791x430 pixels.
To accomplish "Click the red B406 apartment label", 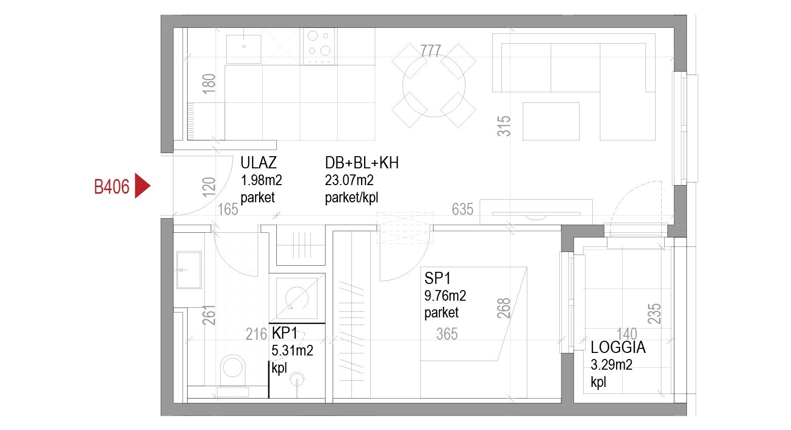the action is tap(112, 187).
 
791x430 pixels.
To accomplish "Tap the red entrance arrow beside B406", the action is tap(142, 186).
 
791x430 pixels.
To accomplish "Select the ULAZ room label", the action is tap(259, 163).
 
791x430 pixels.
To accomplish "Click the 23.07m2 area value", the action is tap(349, 180).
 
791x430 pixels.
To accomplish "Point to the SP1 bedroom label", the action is tap(438, 278).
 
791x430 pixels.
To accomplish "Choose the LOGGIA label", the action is tap(618, 347).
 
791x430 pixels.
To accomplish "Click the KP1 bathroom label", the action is tap(284, 333).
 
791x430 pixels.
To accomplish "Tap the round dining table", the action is tap(434, 85).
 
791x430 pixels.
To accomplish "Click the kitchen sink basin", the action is tap(244, 49).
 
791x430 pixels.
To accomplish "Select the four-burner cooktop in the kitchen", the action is tap(319, 47).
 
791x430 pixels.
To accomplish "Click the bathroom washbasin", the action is tap(189, 270).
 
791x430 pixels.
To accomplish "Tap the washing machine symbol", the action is tap(297, 299).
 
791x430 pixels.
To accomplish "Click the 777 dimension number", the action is tap(430, 51).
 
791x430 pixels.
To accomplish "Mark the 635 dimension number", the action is tap(462, 209).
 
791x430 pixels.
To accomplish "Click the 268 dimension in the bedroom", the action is tap(504, 308).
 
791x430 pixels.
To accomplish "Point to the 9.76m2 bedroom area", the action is tap(445, 296).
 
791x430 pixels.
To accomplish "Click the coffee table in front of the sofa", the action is tap(551, 122).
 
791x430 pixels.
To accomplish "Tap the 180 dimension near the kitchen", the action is tap(209, 84).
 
